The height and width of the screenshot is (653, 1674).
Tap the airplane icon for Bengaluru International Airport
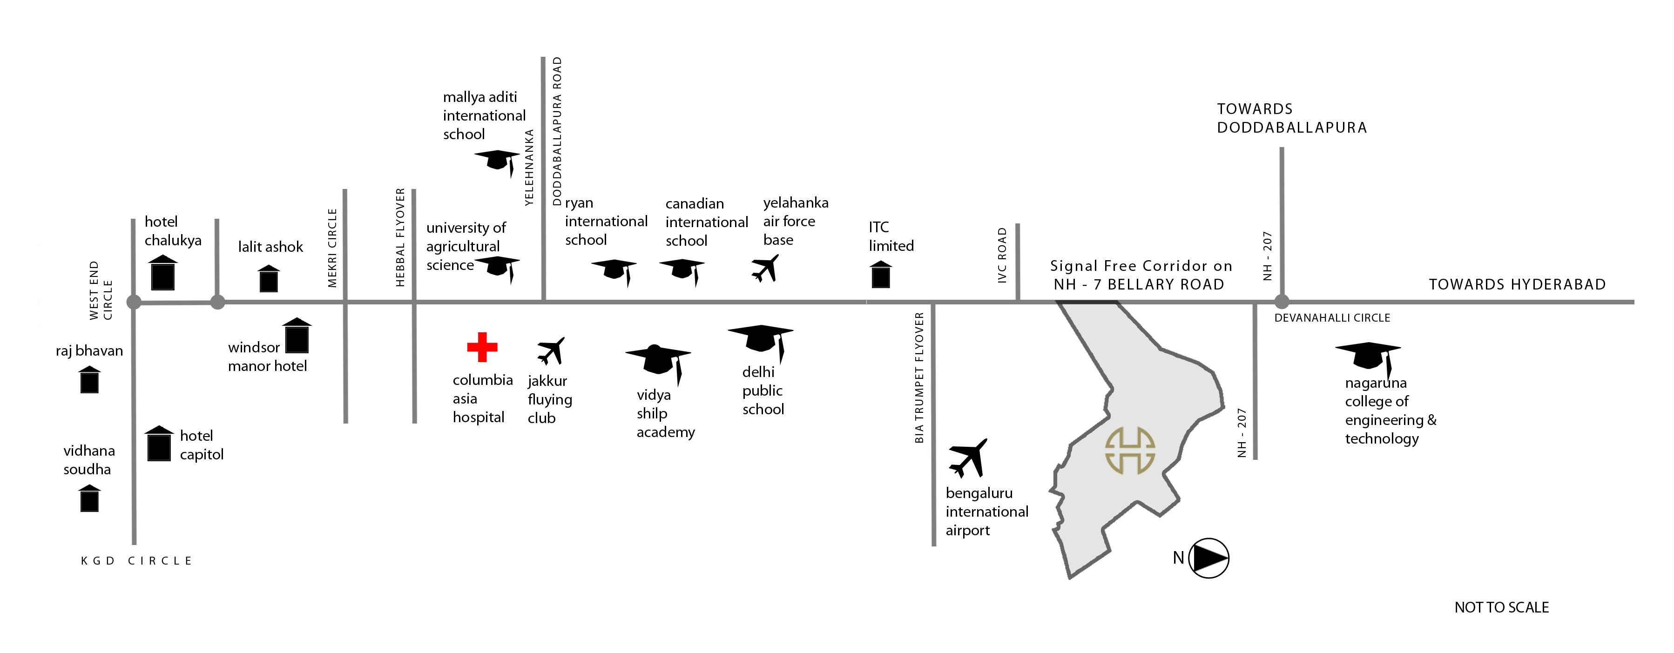click(968, 458)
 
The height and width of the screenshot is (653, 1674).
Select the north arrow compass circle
click(1208, 558)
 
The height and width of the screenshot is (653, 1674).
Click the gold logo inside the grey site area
click(1130, 450)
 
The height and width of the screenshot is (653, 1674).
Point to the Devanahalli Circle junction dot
click(1282, 302)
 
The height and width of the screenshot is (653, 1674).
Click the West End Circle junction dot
click(134, 302)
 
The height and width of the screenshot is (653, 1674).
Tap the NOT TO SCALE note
click(1501, 607)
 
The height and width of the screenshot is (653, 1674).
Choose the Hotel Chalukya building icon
click(162, 273)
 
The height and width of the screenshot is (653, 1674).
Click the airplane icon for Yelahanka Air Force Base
click(765, 268)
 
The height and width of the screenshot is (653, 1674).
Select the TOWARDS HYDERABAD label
click(1517, 284)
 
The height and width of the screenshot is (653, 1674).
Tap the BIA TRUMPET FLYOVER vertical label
click(919, 377)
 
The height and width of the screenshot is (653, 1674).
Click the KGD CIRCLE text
click(136, 561)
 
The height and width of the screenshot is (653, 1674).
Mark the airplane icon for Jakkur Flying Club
click(551, 351)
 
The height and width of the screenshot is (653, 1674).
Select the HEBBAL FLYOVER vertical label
click(400, 237)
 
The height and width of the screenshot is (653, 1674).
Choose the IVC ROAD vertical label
click(1002, 255)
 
